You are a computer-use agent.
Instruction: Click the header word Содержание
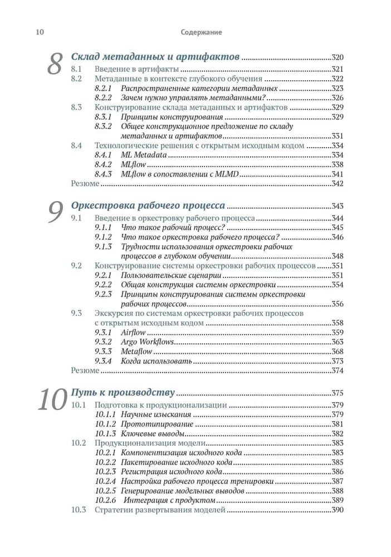pyautogui.click(x=201, y=32)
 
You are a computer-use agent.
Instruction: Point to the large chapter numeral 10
pyautogui.click(x=52, y=399)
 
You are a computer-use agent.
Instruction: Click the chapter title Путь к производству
pyautogui.click(x=123, y=392)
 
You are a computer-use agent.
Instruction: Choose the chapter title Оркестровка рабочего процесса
pyautogui.click(x=148, y=206)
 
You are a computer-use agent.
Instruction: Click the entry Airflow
pyautogui.click(x=133, y=333)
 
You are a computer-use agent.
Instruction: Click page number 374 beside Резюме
pyautogui.click(x=338, y=371)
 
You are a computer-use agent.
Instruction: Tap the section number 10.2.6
pyautogui.click(x=105, y=501)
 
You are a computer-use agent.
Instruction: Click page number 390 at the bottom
pyautogui.click(x=338, y=510)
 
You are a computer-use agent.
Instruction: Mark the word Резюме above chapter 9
pyautogui.click(x=85, y=184)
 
